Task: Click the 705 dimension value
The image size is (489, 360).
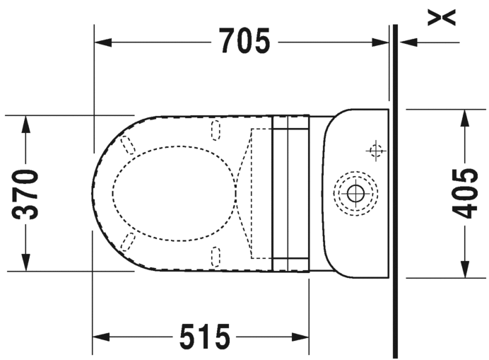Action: [244, 41]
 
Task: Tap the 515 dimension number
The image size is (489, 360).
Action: [205, 337]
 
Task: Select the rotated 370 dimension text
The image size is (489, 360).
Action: [25, 194]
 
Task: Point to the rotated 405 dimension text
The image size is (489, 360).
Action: [465, 193]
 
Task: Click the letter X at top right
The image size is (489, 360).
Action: [442, 17]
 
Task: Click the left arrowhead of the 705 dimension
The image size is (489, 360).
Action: [103, 42]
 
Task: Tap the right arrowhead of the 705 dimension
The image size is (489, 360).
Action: [380, 42]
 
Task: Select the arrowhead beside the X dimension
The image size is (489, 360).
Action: [408, 42]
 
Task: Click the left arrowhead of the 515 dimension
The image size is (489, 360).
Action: [101, 337]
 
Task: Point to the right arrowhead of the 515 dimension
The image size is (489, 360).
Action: [300, 337]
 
